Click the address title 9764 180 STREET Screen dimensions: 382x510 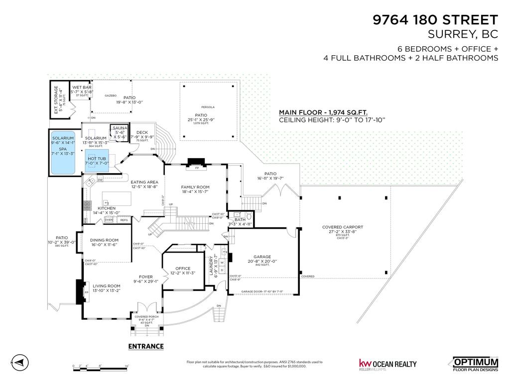435,20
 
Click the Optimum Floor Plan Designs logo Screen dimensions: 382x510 475,364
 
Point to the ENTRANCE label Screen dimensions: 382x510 146,347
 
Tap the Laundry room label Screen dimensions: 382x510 213,268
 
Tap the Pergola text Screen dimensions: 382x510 208,107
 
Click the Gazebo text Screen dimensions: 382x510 110,95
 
